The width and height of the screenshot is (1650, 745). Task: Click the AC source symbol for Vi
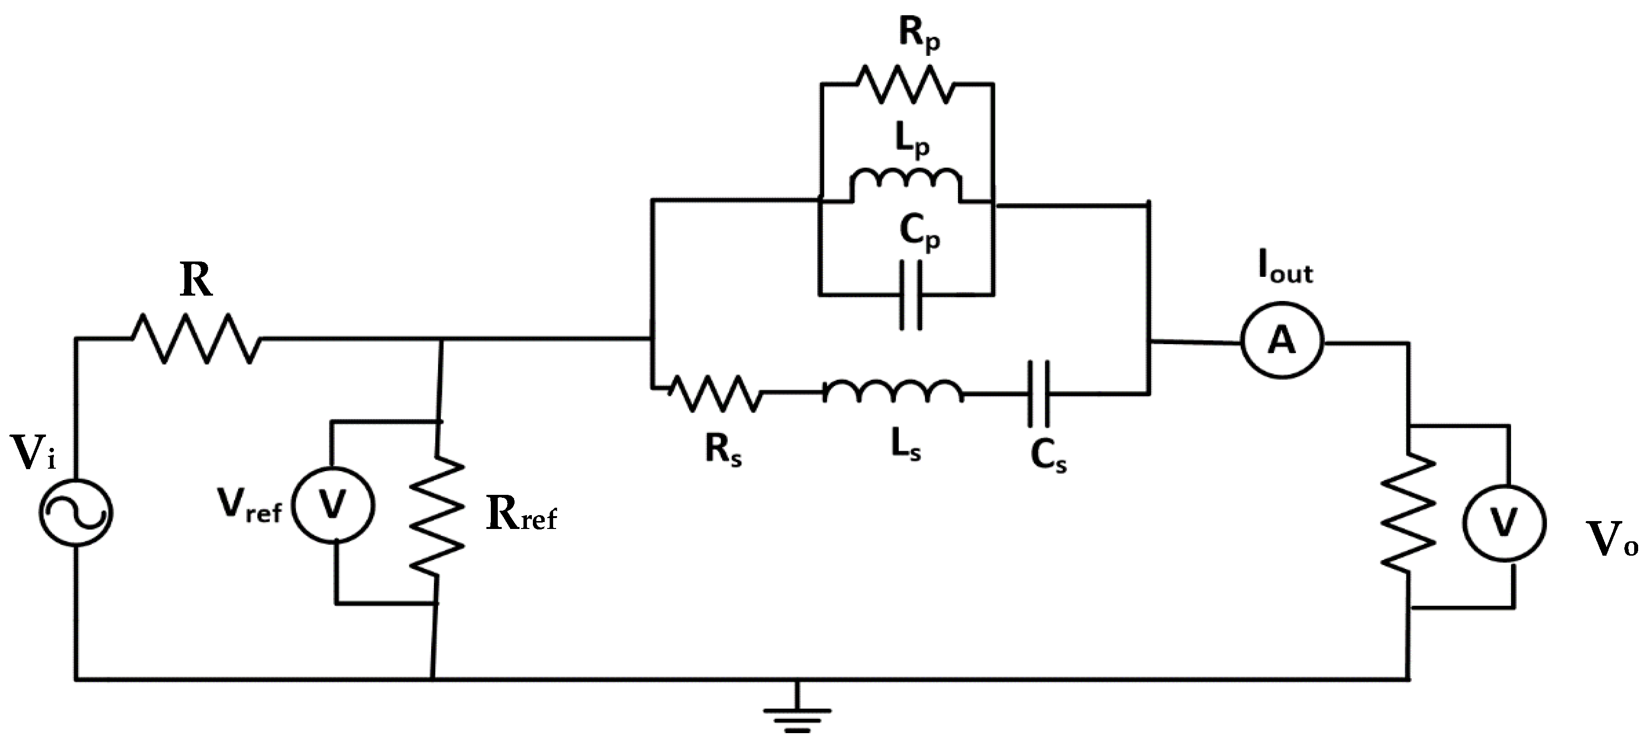(76, 513)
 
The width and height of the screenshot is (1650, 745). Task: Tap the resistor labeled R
(195, 339)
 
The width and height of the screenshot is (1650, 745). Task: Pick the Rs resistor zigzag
(715, 393)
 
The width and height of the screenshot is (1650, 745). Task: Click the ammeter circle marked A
(1282, 342)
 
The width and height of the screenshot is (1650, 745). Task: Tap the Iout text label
(1285, 271)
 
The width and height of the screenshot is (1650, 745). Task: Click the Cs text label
(1048, 457)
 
